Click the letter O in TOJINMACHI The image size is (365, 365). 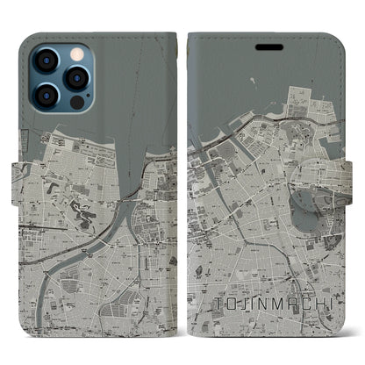[228, 304]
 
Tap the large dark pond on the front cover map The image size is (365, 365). [307, 205]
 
